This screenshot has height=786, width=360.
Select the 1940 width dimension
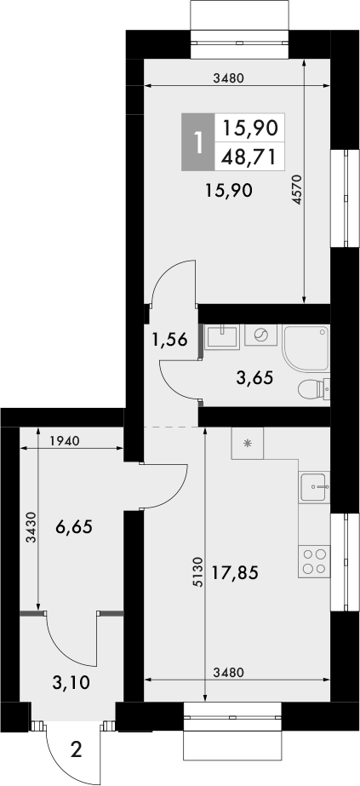click(x=65, y=441)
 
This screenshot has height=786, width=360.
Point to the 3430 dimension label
click(x=31, y=527)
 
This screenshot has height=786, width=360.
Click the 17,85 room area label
click(x=235, y=571)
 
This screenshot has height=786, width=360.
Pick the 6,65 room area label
click(x=75, y=527)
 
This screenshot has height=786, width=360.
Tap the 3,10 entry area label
click(x=71, y=682)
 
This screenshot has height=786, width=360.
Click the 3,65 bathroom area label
click(x=254, y=377)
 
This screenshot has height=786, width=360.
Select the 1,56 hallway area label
click(x=170, y=341)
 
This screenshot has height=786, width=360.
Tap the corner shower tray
click(x=306, y=348)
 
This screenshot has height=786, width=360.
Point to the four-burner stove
click(x=314, y=561)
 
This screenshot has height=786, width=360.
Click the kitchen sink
click(x=314, y=487)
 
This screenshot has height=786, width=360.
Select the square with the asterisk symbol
click(x=248, y=443)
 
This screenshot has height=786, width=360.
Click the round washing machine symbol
click(x=260, y=335)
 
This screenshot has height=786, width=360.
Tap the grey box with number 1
click(x=197, y=142)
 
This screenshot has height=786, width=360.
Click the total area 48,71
click(x=249, y=158)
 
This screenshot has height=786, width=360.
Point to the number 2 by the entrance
click(x=76, y=750)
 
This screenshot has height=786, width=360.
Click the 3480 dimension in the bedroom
click(x=228, y=77)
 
